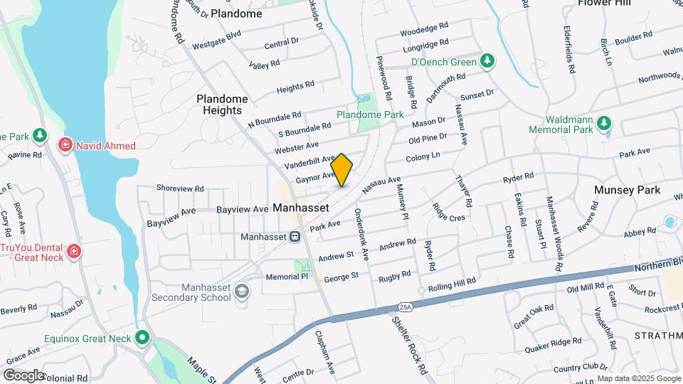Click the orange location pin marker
tap(342, 169)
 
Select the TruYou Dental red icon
tap(73, 252)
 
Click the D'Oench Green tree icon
tap(487, 60)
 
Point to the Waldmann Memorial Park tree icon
tap(603, 124)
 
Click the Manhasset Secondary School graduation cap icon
tap(243, 292)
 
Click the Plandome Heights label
tap(223, 105)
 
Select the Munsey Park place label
tap(628, 190)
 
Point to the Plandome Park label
tap(370, 114)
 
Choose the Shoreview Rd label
tap(180, 189)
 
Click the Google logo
tap(23, 375)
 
